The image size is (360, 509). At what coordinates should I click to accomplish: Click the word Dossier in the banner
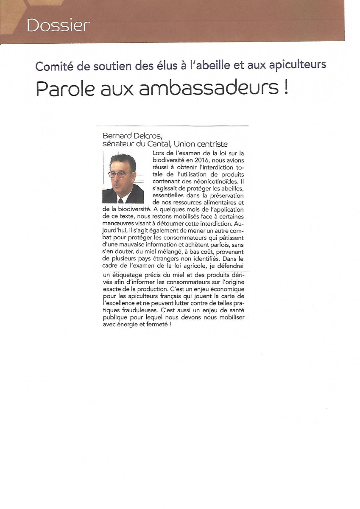point(58,26)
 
